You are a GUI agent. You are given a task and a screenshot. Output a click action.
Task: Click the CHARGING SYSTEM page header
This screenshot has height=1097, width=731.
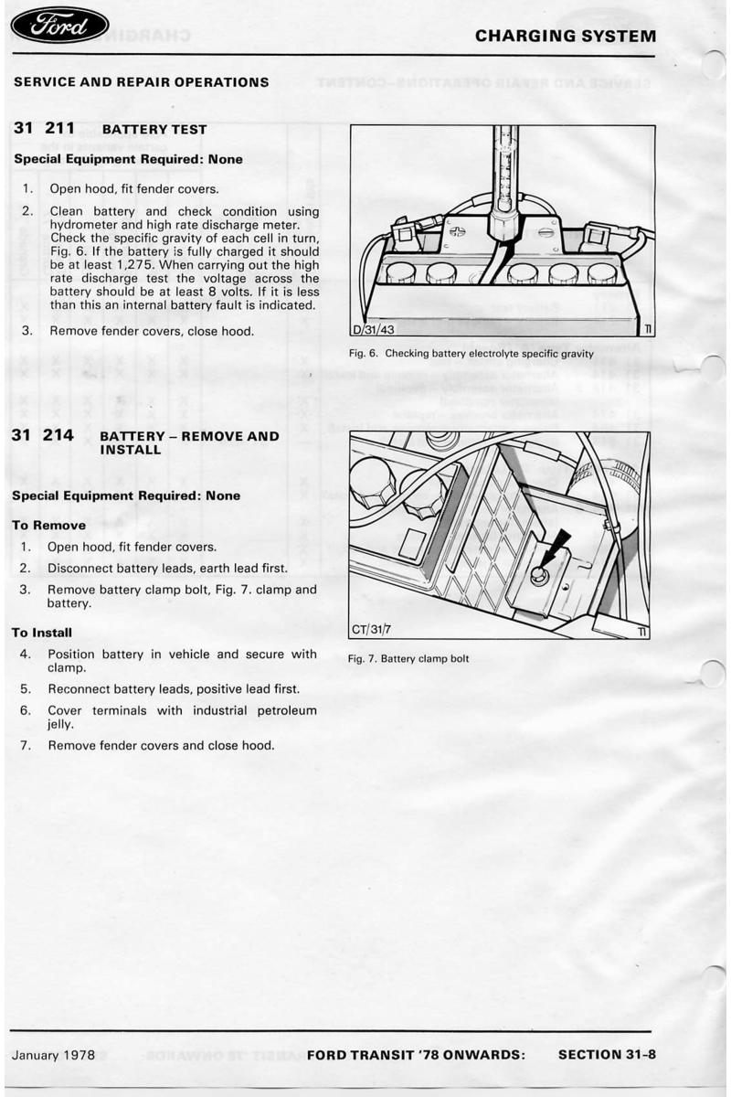click(566, 37)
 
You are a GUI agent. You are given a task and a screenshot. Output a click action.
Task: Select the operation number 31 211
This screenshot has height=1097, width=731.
click(44, 129)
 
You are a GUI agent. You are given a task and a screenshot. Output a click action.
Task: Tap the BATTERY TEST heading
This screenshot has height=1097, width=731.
click(155, 130)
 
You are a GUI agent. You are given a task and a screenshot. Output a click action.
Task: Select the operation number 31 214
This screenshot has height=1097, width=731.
click(44, 436)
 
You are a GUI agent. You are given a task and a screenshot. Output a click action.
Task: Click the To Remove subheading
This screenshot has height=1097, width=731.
click(48, 526)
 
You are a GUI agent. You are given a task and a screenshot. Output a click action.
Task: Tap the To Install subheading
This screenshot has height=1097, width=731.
click(41, 633)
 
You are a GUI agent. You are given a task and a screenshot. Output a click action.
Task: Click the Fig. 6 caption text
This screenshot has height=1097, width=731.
click(471, 354)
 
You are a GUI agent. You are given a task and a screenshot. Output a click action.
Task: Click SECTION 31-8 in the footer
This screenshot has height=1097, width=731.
click(607, 1054)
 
